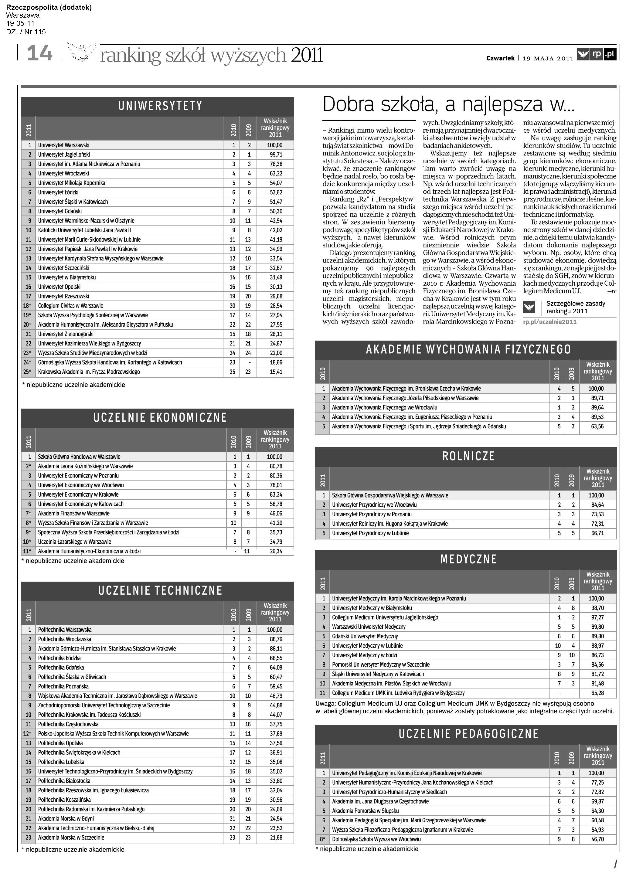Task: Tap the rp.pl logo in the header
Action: [597, 54]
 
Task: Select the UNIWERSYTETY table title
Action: [160, 106]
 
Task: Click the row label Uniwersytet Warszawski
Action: [64, 145]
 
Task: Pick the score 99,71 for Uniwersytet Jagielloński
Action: [275, 155]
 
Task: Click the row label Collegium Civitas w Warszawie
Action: [70, 305]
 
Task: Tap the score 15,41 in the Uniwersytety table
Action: [275, 372]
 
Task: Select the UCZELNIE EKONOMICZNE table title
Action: [160, 418]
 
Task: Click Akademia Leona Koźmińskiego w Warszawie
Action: [85, 466]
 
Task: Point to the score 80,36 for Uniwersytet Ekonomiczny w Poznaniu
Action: [275, 476]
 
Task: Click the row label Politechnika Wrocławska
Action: [65, 639]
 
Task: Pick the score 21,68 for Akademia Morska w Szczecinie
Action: [275, 837]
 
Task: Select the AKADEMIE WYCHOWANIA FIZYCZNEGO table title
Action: [468, 349]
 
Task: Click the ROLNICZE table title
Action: [468, 456]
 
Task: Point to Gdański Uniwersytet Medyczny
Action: [365, 636]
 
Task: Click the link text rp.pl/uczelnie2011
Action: [549, 321]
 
